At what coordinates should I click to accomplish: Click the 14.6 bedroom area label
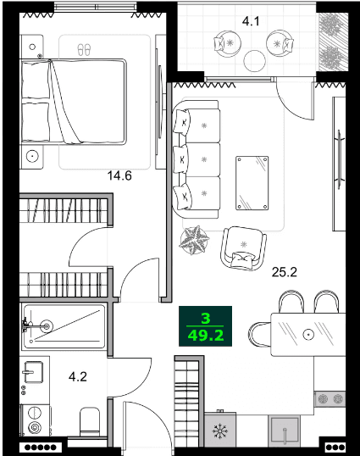119,176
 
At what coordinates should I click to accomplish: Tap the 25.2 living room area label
284,273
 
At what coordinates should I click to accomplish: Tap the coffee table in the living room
252,181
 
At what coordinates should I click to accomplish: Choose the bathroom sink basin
33,372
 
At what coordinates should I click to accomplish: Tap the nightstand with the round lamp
34,155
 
